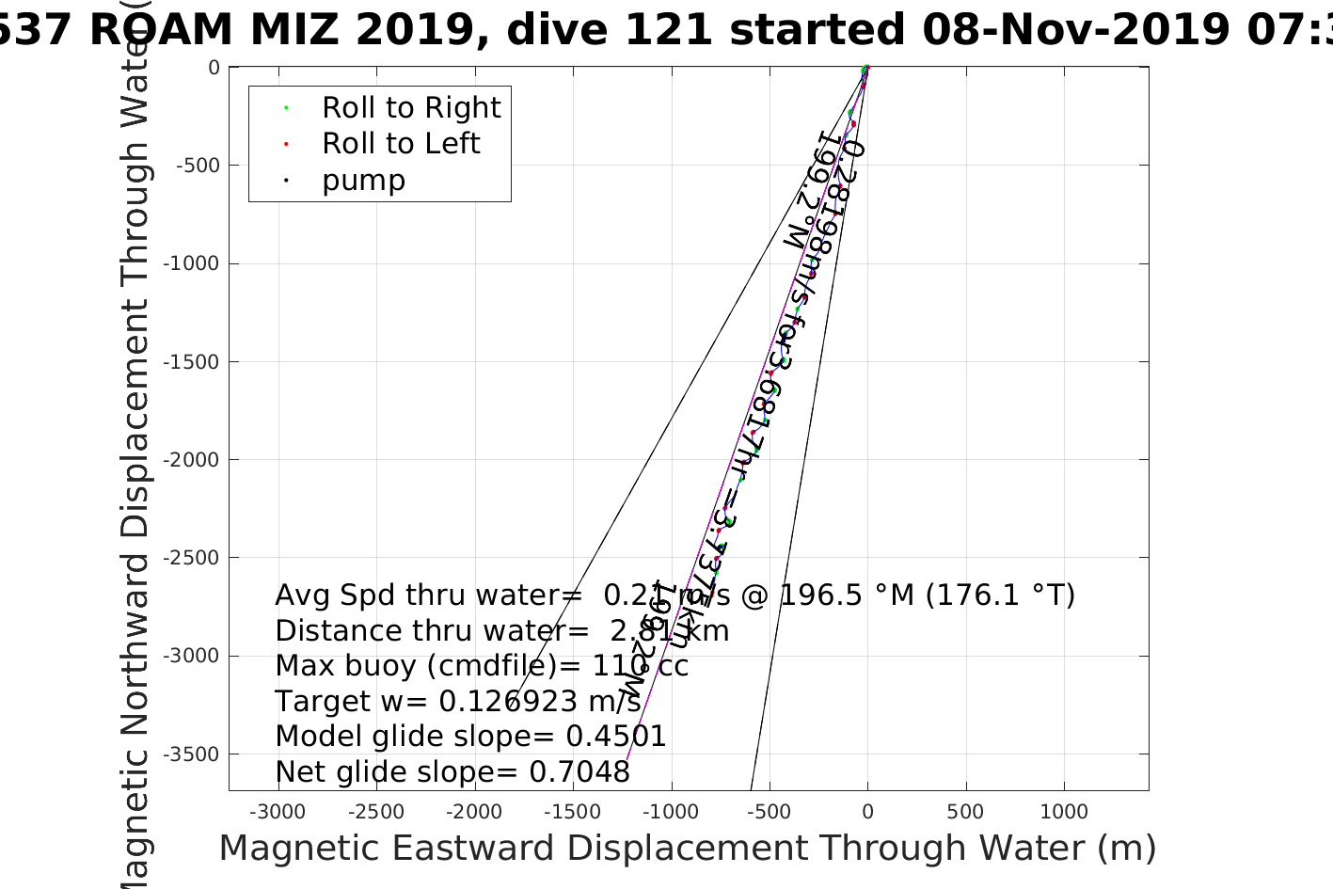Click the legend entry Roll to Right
coord(410,108)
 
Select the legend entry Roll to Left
coord(400,144)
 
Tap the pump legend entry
coord(363,181)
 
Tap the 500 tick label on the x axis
coord(965,812)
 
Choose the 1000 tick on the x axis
coord(1064,812)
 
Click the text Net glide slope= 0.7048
coord(452,772)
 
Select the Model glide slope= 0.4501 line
coord(470,737)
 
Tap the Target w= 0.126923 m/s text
coord(458,702)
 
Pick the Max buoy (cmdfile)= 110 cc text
coord(482,666)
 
